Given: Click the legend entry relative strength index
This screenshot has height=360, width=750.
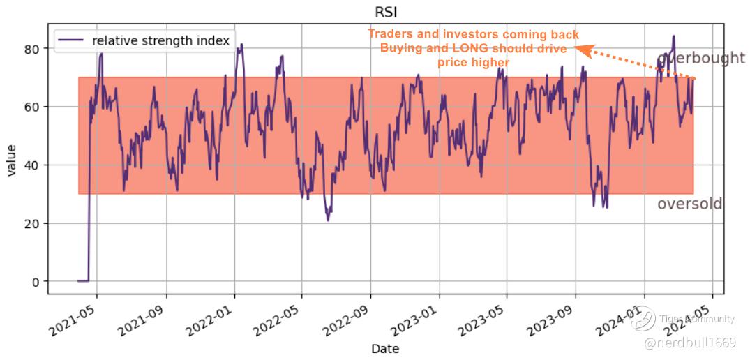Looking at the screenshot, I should (160, 40).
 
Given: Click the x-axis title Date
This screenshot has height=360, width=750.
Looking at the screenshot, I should (385, 348).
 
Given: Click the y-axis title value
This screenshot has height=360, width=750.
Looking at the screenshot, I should (12, 161).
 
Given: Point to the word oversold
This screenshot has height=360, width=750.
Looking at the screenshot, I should (689, 204).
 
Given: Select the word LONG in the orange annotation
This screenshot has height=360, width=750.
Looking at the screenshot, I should (474, 48).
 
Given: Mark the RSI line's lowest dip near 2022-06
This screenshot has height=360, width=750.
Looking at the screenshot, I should (328, 220).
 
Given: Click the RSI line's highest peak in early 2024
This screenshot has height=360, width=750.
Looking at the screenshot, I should (673, 36).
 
